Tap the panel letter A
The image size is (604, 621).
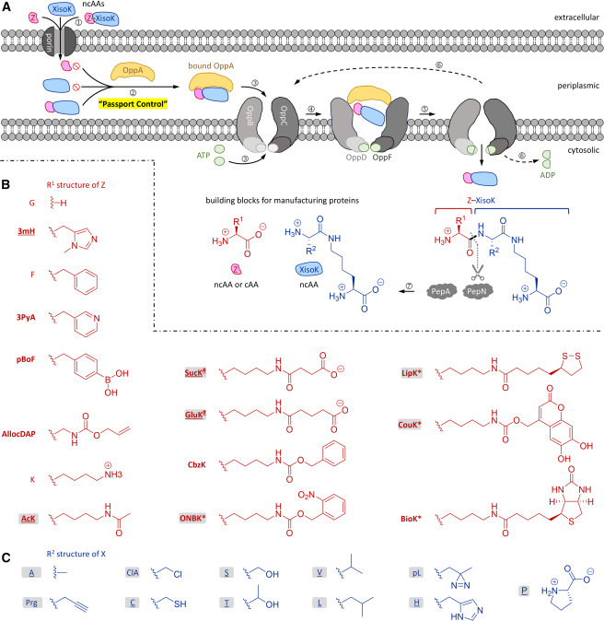(7, 7)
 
